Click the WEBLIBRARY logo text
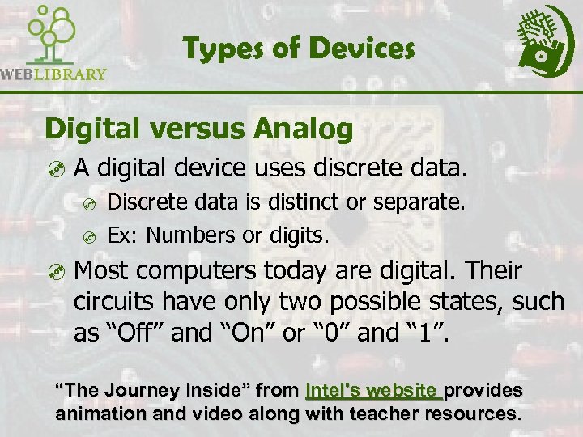pyautogui.click(x=53, y=74)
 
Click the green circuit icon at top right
pyautogui.click(x=545, y=40)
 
